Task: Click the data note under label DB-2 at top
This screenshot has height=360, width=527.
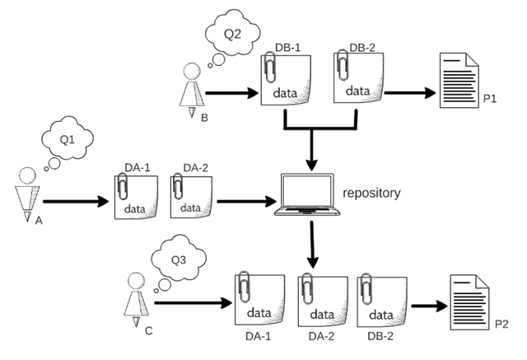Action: pyautogui.click(x=356, y=79)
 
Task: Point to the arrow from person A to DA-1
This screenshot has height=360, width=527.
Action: pyautogui.click(x=74, y=200)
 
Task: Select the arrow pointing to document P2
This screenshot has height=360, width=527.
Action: pyautogui.click(x=427, y=309)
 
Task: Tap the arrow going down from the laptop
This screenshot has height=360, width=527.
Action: pyautogui.click(x=312, y=243)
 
